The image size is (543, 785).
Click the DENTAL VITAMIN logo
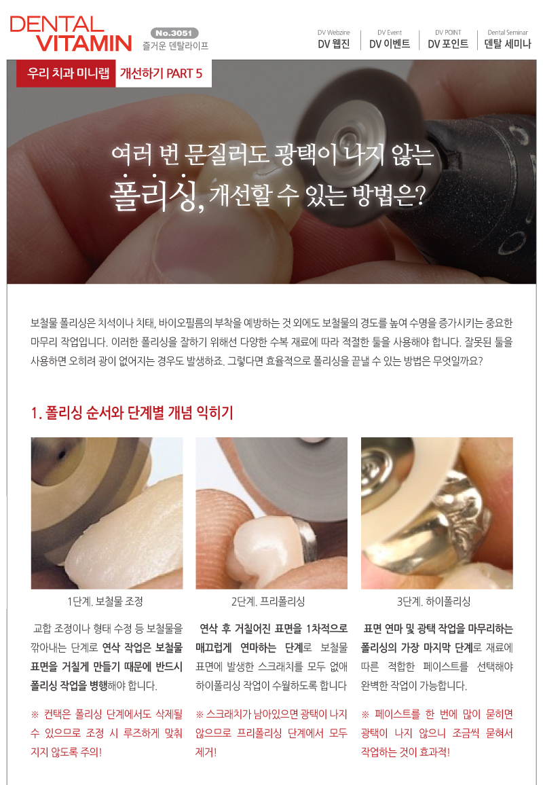pos(71,33)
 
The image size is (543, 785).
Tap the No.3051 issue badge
pos(174,33)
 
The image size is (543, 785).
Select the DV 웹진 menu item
pos(334,44)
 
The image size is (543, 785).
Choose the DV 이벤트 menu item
pos(390,44)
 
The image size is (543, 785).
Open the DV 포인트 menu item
pos(448,44)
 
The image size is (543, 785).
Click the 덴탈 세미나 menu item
pos(508,44)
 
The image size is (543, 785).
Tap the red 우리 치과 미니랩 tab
pos(66,73)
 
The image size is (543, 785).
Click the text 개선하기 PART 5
pos(161,73)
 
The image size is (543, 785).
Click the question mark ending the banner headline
pos(420,196)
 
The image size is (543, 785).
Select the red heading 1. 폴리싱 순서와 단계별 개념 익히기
pos(132,413)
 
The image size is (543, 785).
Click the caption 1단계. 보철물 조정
pos(106,601)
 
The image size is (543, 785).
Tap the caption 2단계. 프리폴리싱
pos(268,601)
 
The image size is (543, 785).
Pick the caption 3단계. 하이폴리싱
pos(434,601)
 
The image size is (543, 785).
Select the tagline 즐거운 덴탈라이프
pos(175,46)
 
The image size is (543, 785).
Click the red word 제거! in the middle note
pos(206,752)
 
